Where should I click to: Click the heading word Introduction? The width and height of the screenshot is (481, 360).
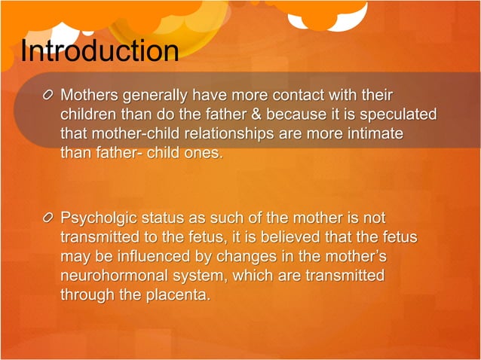pos(100,51)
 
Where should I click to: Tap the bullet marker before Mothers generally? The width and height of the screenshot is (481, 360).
pos(49,96)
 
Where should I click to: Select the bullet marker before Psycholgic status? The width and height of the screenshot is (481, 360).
pos(49,218)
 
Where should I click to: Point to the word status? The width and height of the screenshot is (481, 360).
pos(167,218)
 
